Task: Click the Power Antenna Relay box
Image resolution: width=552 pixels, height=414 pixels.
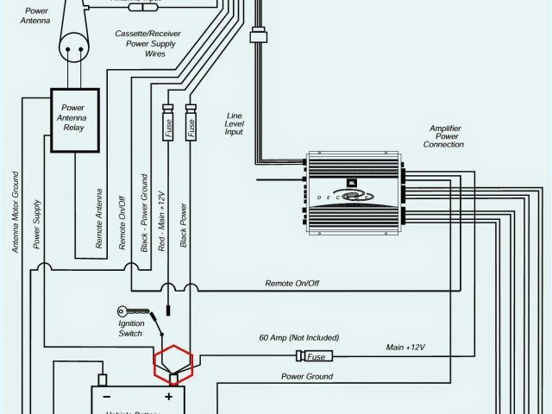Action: (x=74, y=121)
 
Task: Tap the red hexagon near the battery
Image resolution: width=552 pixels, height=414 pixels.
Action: (x=173, y=363)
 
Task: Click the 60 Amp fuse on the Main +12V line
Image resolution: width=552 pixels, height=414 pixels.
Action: (x=316, y=355)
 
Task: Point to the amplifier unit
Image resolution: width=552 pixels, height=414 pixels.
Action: (x=354, y=196)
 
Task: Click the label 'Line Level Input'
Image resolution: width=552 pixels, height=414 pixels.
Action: (x=234, y=123)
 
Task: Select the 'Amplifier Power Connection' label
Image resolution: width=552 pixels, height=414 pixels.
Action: (x=443, y=136)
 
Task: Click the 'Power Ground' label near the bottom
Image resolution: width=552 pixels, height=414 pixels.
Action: (x=307, y=377)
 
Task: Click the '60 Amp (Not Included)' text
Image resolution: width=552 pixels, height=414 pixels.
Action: (x=298, y=337)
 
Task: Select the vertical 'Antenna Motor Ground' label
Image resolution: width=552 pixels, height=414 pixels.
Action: (x=16, y=211)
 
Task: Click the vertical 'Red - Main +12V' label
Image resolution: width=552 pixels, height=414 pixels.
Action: (x=162, y=216)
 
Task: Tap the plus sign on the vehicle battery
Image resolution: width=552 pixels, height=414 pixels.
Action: (x=169, y=397)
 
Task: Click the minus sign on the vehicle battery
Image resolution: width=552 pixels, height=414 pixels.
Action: (x=107, y=398)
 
